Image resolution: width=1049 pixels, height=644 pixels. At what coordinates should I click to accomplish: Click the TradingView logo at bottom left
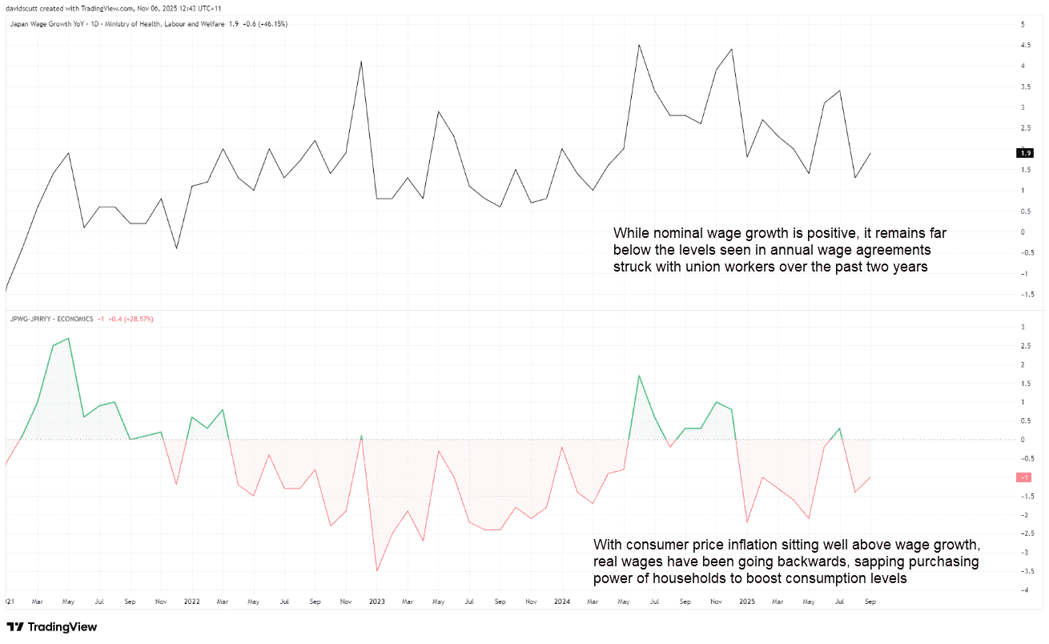[x=51, y=626]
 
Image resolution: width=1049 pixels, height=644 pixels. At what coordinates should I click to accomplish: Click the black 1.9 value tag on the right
[x=1023, y=152]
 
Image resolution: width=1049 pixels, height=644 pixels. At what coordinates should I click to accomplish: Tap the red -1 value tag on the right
[x=1023, y=477]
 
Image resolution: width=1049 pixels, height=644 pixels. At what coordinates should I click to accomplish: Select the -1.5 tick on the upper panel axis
[x=1023, y=295]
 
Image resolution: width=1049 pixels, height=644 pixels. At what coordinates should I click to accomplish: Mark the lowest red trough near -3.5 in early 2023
[x=376, y=570]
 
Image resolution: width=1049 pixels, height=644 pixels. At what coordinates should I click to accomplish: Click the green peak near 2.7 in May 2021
[x=68, y=338]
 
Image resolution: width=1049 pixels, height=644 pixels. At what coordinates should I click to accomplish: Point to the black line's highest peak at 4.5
[x=638, y=45]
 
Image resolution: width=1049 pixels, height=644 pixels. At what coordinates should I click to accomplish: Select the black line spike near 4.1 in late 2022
[x=361, y=62]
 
